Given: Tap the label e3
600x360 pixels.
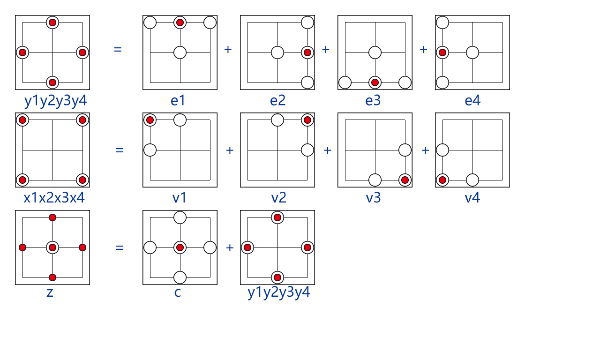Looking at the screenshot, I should click(373, 100).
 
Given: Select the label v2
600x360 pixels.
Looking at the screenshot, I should click(278, 198).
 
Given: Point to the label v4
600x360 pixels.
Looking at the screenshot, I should click(472, 198).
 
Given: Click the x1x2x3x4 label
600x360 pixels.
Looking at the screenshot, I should click(54, 198).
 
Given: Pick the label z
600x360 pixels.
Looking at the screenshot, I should click(50, 293).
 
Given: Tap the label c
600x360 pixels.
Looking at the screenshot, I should click(178, 293).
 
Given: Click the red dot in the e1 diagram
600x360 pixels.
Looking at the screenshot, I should click(180, 22).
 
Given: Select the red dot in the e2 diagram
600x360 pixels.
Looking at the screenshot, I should click(307, 52).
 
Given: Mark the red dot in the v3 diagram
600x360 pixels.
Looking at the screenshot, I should click(405, 180).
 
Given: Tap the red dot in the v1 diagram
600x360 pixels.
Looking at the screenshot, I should click(150, 120).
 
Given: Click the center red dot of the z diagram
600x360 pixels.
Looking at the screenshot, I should click(52, 247).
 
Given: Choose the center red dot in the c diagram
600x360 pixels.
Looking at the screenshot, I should click(180, 247).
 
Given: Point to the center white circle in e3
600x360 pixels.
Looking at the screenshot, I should click(375, 52).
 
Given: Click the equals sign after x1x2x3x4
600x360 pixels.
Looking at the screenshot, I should click(120, 150).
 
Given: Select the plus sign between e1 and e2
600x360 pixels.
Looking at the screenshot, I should click(228, 49).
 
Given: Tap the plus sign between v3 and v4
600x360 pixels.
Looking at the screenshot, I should click(425, 150).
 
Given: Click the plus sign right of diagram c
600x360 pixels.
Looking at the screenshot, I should click(230, 247).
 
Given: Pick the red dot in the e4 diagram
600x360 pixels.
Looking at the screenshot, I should click(442, 52).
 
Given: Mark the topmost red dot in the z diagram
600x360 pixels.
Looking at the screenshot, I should click(52, 217).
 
